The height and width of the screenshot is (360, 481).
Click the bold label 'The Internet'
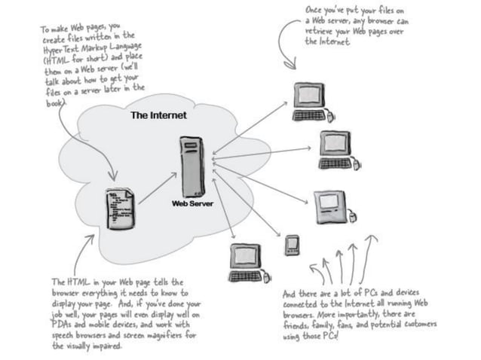158,116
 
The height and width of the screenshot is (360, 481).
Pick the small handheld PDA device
292,246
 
